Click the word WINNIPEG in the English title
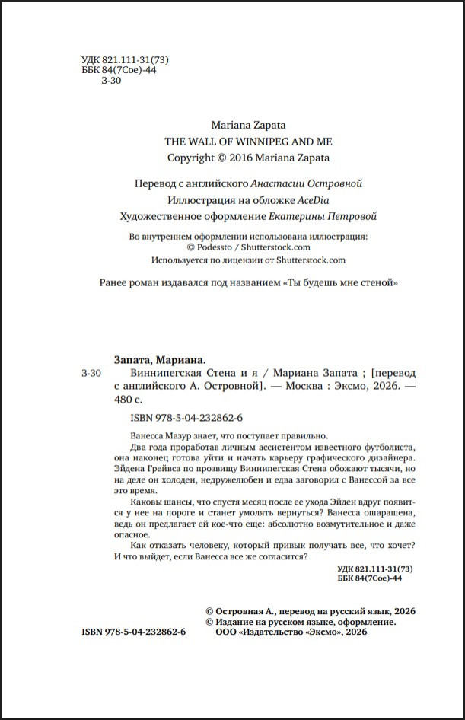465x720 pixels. tap(244, 142)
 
